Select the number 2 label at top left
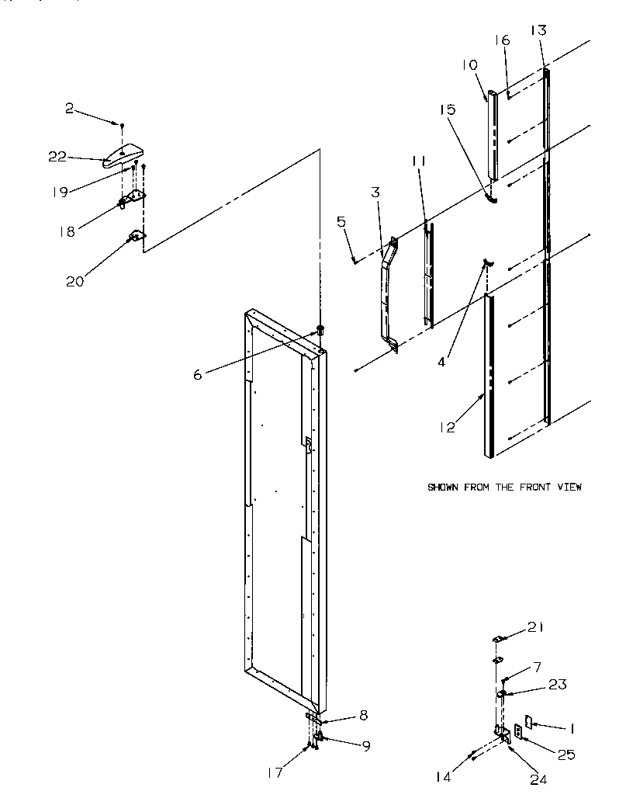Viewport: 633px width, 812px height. (x=69, y=109)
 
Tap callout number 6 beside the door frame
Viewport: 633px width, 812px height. (x=199, y=373)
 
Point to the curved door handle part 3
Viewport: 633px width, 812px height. (x=386, y=287)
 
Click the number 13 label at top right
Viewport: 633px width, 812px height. (x=538, y=30)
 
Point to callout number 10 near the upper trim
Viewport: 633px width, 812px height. (x=471, y=66)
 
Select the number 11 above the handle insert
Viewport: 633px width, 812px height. (x=420, y=161)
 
